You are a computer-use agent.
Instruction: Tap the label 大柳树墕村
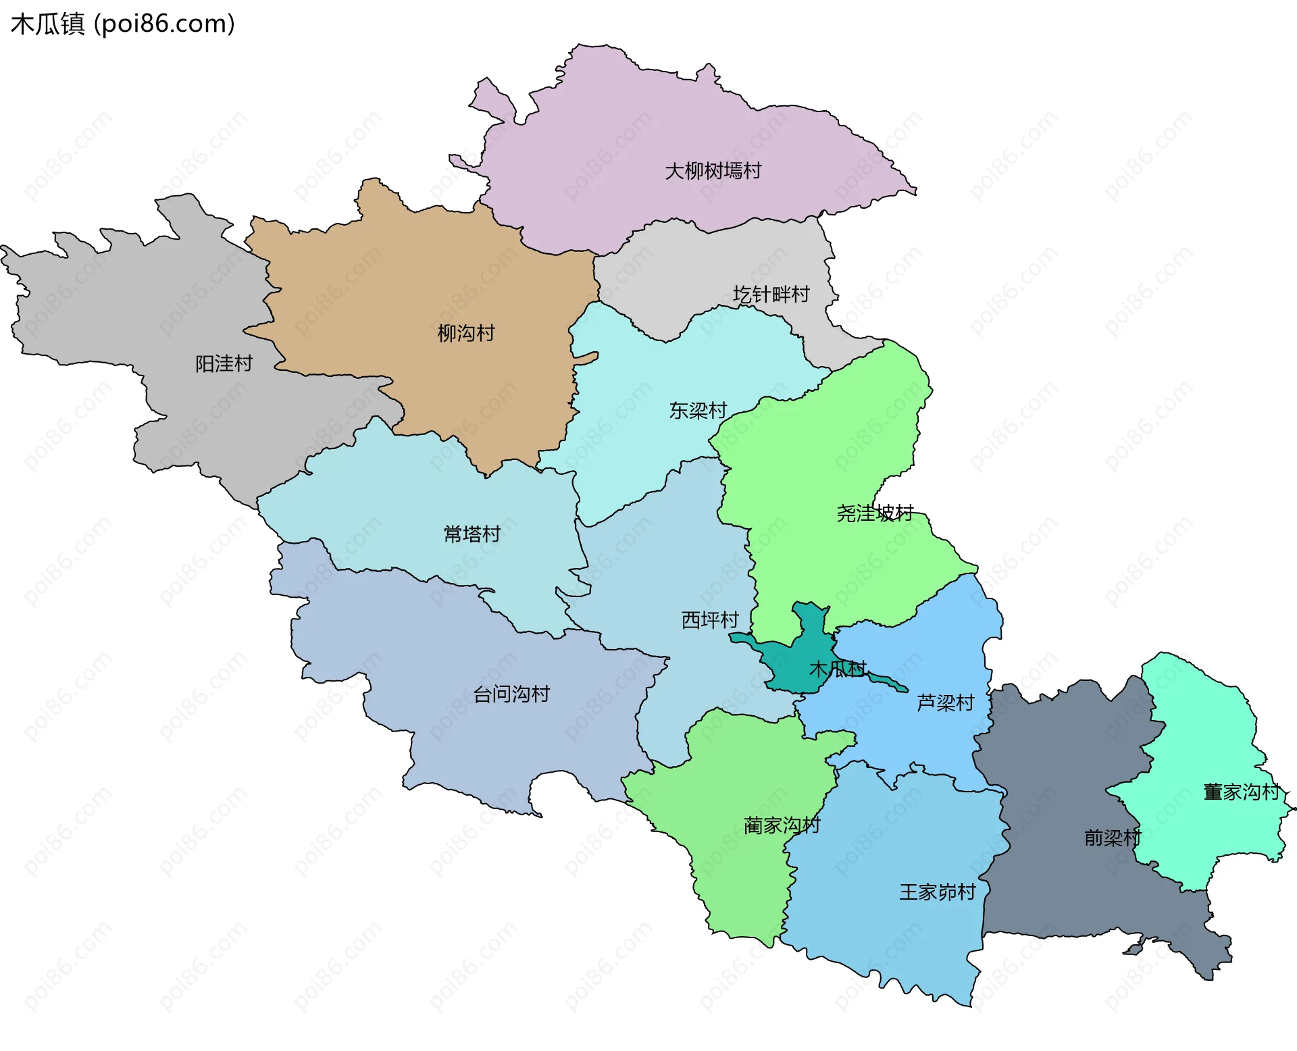[713, 171]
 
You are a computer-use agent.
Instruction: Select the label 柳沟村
[466, 333]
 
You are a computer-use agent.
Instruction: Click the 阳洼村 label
[224, 364]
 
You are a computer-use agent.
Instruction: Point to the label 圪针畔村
[771, 294]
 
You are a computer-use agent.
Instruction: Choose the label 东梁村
[698, 411]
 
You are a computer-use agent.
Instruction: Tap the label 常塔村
[472, 534]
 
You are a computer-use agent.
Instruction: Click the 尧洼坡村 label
[875, 513]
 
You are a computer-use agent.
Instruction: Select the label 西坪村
[709, 620]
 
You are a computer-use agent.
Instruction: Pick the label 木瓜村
[838, 669]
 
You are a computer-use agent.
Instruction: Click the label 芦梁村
[945, 703]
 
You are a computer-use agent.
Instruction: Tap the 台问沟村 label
[511, 694]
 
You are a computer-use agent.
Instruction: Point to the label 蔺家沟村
[782, 825]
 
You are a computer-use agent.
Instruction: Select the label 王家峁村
[937, 892]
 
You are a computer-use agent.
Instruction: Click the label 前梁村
[1112, 838]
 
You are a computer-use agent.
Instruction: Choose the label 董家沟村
[1242, 792]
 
